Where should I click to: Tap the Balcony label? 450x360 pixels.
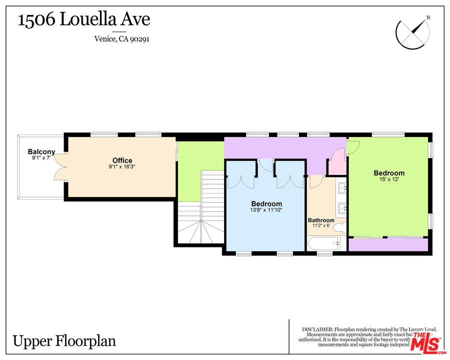point(41,152)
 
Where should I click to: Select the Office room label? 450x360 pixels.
point(122,160)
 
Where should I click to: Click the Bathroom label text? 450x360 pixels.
point(321,220)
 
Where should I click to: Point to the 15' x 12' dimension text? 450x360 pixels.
point(389,180)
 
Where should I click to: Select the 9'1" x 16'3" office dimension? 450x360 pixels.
point(122,167)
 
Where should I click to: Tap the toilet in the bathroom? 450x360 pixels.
point(339,228)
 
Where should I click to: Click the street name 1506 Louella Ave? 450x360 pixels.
point(84,20)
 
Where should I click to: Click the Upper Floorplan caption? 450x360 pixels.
point(64,341)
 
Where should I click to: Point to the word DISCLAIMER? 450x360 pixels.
point(317,329)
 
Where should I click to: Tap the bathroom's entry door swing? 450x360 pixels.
point(314,181)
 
